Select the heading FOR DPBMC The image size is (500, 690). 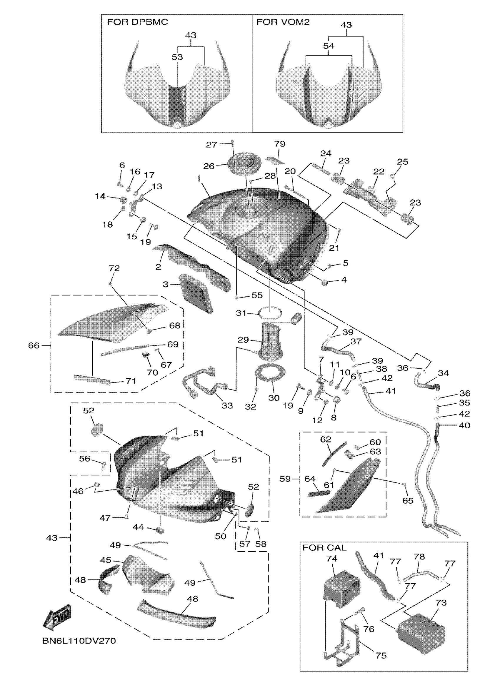(x=137, y=22)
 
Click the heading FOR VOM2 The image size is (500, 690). (x=283, y=22)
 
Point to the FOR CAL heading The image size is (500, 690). (x=324, y=548)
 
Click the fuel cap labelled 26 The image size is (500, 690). (x=243, y=166)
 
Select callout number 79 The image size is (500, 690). (x=279, y=144)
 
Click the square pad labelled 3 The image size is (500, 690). (x=196, y=293)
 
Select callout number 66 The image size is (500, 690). (x=34, y=346)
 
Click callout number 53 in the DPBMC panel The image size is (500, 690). (x=177, y=57)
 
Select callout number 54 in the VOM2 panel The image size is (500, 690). (x=329, y=46)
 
